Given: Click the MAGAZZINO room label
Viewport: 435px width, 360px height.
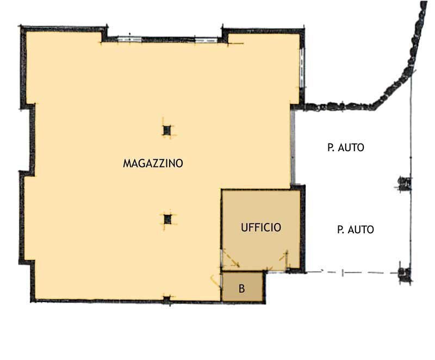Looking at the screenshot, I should click(153, 163).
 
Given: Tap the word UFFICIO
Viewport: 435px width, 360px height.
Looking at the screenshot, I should click(261, 228).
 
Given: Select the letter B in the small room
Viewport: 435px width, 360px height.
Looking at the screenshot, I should click(242, 289).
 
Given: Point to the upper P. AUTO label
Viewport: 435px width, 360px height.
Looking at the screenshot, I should click(345, 147).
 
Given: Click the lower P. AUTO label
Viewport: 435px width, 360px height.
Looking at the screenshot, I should click(355, 230).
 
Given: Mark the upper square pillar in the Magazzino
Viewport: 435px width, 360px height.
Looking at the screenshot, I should click(167, 131).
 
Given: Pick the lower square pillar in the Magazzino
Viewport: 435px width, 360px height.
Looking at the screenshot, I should click(167, 219).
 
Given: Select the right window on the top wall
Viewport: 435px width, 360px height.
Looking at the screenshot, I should click(208, 39).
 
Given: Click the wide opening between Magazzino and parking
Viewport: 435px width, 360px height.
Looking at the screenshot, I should click(293, 147).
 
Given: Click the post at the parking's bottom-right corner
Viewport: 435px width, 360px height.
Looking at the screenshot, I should click(403, 273).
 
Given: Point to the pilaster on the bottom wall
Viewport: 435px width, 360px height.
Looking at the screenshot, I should click(167, 299).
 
